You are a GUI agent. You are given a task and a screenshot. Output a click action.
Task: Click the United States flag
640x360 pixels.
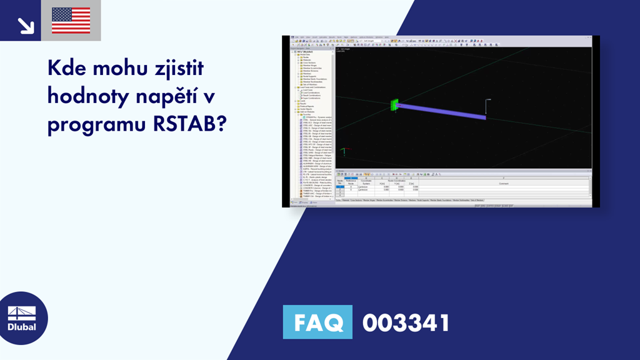pyautogui.click(x=71, y=21)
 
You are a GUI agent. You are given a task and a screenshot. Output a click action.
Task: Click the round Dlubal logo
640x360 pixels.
pyautogui.click(x=21, y=317)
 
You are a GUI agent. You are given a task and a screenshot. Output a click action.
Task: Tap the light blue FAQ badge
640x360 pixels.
pyautogui.click(x=317, y=323)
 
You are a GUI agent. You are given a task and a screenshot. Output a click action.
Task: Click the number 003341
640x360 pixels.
pyautogui.click(x=406, y=323)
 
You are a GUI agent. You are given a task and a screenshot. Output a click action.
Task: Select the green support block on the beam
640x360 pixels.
pyautogui.click(x=393, y=105)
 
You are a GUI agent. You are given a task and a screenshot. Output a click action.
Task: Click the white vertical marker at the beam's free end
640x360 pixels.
pyautogui.click(x=486, y=107)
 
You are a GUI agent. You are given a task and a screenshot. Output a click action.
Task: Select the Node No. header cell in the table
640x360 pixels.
pyautogui.click(x=340, y=182)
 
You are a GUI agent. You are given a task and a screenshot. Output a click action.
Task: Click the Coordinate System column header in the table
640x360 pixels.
pyautogui.click(x=366, y=182)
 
